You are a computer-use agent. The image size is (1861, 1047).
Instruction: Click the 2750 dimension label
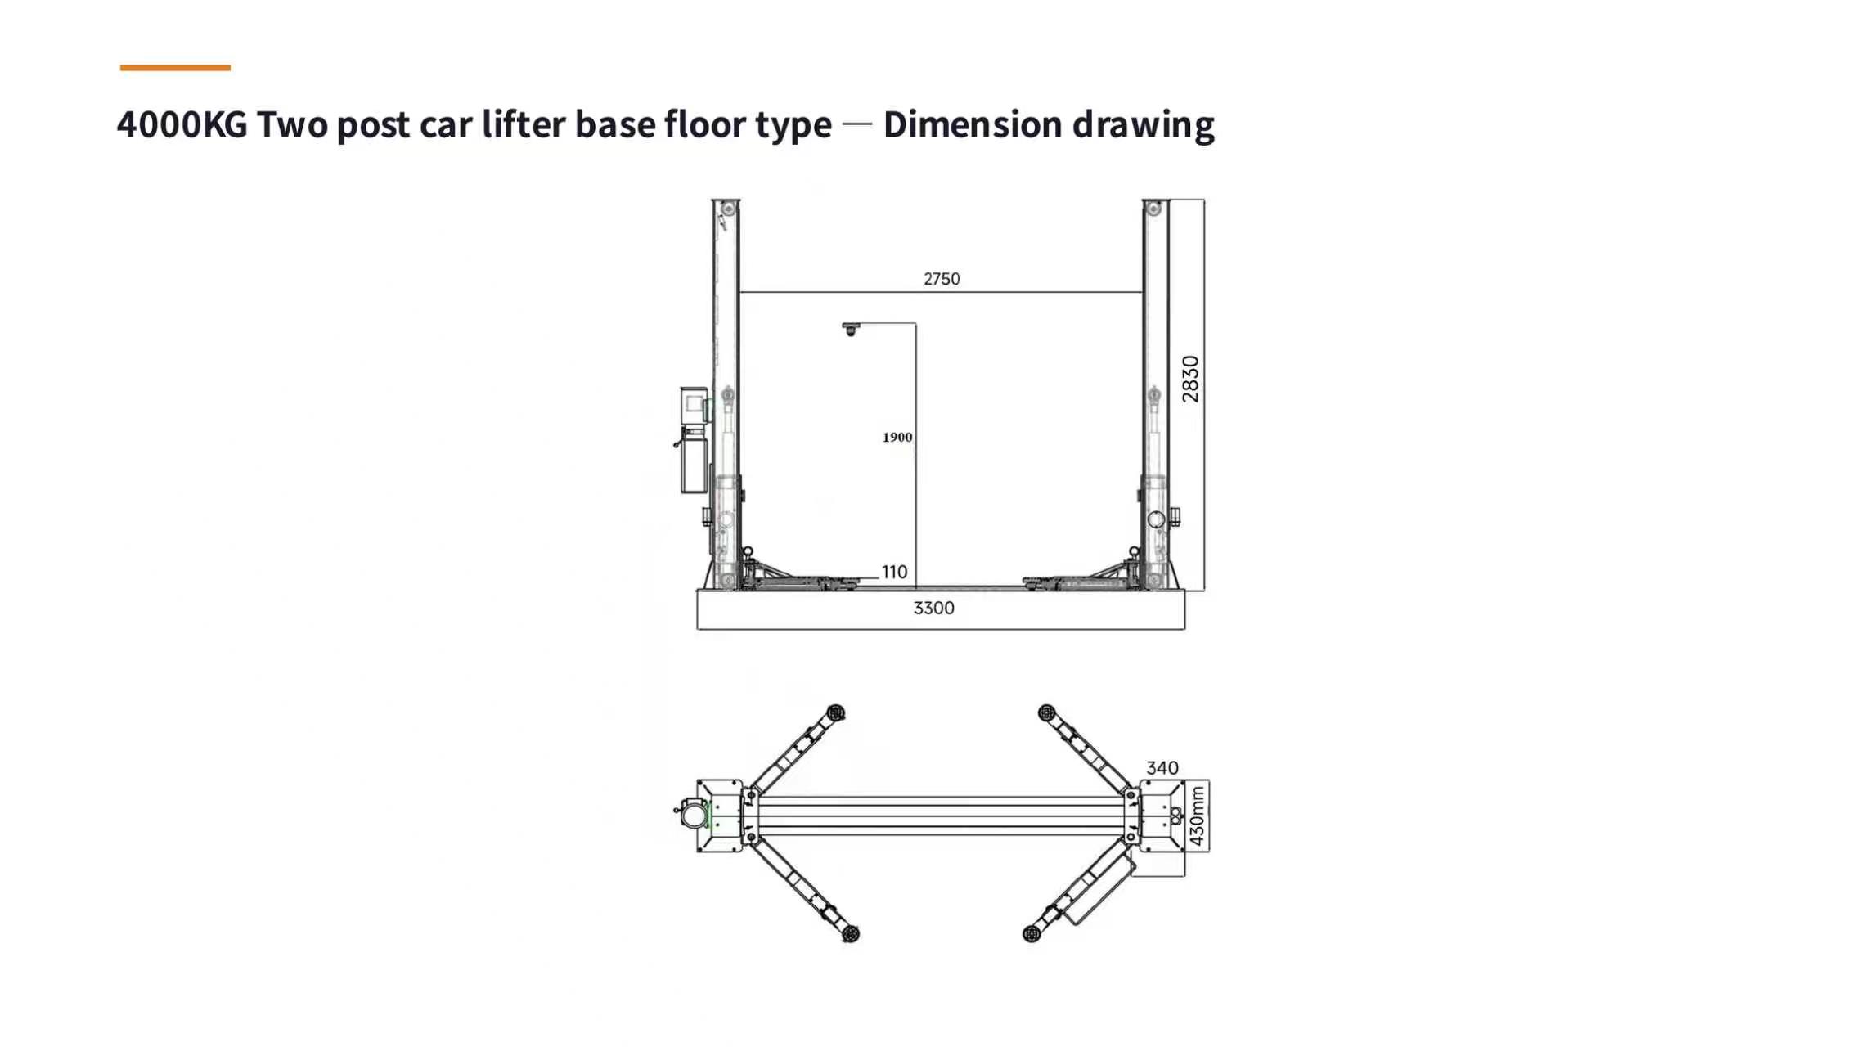point(942,279)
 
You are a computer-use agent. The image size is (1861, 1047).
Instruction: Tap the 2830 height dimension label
point(1190,379)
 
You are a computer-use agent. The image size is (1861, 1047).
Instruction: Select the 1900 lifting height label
point(897,438)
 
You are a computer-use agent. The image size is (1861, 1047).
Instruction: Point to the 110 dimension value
point(894,572)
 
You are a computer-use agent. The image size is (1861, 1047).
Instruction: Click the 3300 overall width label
point(933,608)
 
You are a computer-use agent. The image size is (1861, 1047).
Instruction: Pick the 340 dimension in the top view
point(1162,767)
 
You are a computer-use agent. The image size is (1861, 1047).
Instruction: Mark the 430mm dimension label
point(1198,816)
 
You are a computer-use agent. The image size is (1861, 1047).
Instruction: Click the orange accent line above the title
point(175,68)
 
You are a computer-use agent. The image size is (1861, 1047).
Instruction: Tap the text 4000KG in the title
point(182,124)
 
